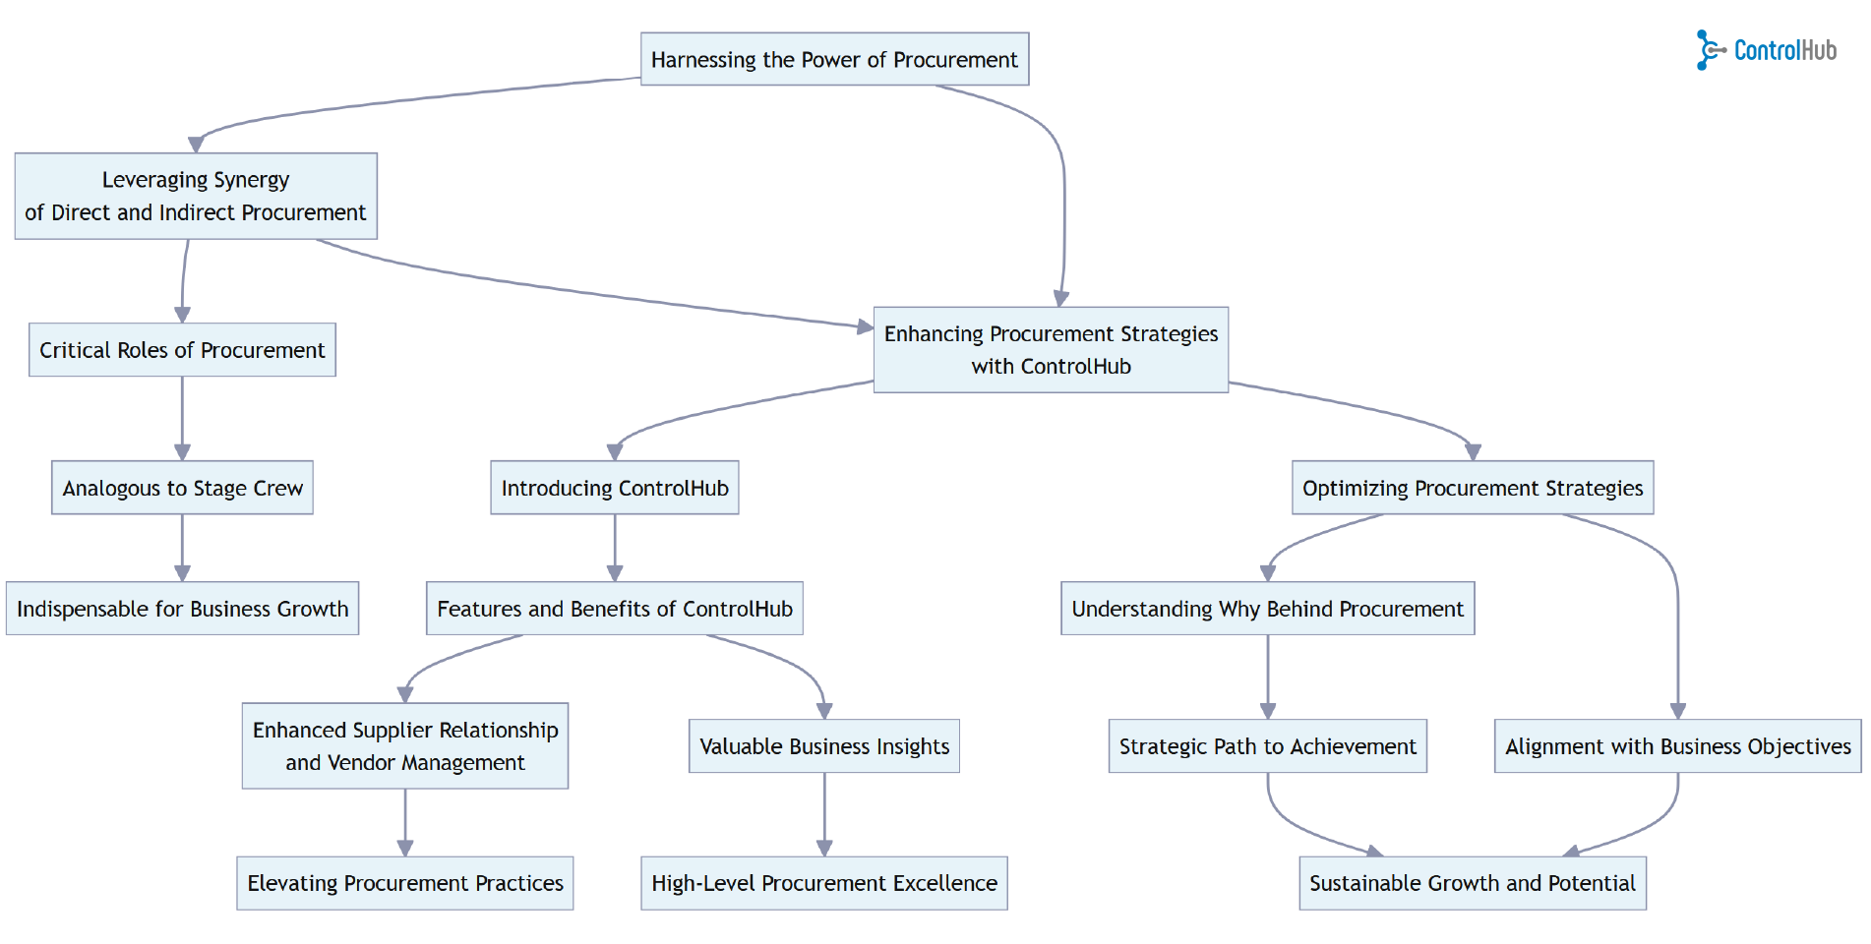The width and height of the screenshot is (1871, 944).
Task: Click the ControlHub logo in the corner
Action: click(x=1766, y=49)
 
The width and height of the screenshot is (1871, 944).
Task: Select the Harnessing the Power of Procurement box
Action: click(x=834, y=59)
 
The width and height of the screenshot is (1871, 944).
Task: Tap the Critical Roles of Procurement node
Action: click(x=182, y=350)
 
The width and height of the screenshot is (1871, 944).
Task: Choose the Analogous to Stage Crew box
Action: click(x=182, y=488)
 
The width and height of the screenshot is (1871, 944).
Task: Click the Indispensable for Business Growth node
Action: click(x=182, y=609)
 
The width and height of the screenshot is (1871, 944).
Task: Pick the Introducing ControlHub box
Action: click(x=615, y=488)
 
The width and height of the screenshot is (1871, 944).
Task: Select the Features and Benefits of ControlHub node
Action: click(x=615, y=609)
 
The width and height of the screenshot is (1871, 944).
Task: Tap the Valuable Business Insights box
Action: click(x=824, y=746)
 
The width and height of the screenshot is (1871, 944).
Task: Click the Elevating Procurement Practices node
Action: click(x=405, y=883)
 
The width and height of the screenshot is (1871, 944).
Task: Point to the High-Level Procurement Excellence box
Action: click(x=824, y=883)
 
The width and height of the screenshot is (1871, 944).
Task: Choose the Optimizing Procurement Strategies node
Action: click(x=1473, y=488)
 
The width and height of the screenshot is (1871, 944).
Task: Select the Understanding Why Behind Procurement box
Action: click(x=1267, y=609)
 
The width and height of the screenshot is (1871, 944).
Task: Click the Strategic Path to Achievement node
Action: click(x=1267, y=746)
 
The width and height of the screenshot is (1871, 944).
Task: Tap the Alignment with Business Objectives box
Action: click(x=1677, y=746)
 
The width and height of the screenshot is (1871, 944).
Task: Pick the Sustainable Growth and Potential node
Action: click(x=1473, y=883)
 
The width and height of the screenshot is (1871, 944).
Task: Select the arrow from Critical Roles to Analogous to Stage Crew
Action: click(x=182, y=418)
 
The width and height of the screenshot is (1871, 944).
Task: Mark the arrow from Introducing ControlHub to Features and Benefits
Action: click(x=615, y=547)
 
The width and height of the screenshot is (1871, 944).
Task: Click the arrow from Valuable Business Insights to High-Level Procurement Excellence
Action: click(x=824, y=813)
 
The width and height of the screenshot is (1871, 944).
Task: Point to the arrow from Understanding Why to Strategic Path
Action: click(x=1267, y=677)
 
